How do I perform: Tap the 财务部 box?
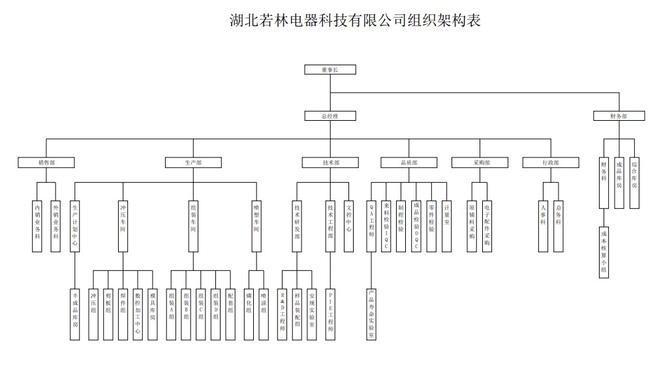pyautogui.click(x=619, y=116)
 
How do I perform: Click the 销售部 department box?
pyautogui.click(x=46, y=162)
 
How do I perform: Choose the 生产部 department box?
pyautogui.click(x=193, y=162)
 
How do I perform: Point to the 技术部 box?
pyautogui.click(x=331, y=162)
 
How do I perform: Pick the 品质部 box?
pyautogui.click(x=408, y=162)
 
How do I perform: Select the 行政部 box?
pyautogui.click(x=550, y=162)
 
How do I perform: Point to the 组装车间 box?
pyautogui.click(x=193, y=225)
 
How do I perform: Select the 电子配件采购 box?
pyautogui.click(x=487, y=225)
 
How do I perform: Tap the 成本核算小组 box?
pyautogui.click(x=604, y=251)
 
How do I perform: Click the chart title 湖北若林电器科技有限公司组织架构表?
pyautogui.click(x=356, y=20)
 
